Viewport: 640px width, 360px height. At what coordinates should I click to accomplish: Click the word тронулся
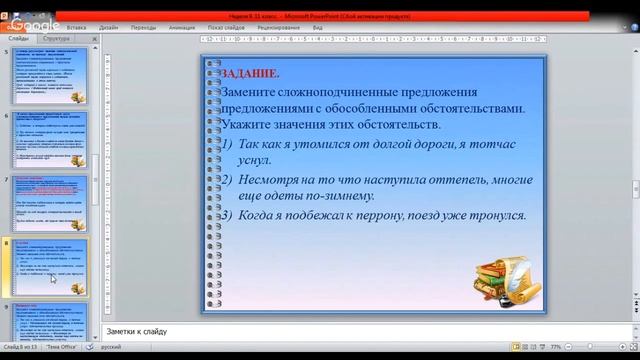[496, 215]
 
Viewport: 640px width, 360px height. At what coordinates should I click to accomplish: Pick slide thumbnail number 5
[51, 76]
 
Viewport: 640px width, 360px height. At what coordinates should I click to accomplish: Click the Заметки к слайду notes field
[300, 331]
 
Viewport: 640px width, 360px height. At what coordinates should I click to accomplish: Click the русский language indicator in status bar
[112, 346]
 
